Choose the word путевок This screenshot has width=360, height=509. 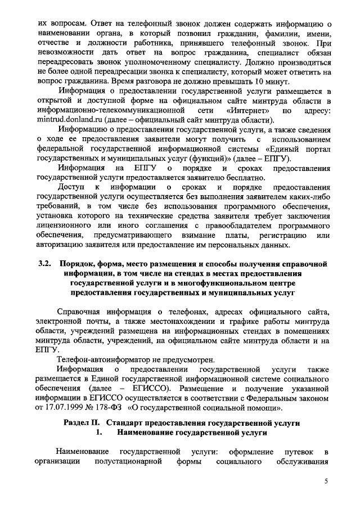point(295,452)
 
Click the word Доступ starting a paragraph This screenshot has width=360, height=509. point(72,187)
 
